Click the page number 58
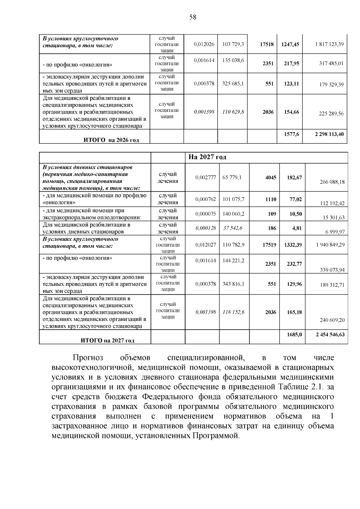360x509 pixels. tap(193, 17)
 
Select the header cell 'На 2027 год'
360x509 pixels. tap(207, 157)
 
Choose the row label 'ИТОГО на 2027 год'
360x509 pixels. tap(107, 340)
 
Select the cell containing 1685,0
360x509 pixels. tap(294, 334)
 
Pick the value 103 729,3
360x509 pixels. tap(233, 44)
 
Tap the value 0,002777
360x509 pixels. tap(205, 177)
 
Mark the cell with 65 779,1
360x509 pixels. tap(232, 177)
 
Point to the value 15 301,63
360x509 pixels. tap(334, 218)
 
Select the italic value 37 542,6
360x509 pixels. tap(232, 228)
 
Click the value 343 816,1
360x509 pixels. tap(233, 283)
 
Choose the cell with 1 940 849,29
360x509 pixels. tap(330, 245)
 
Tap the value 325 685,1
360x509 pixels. tap(233, 83)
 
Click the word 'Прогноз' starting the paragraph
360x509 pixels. tap(88, 358)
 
